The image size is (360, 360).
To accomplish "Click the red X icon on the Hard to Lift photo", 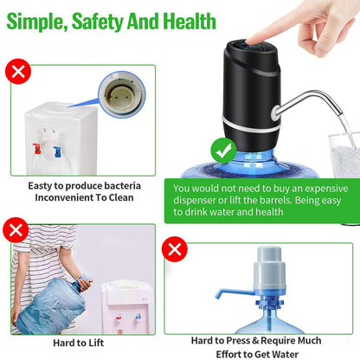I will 15,229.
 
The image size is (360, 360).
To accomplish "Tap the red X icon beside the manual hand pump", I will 177,250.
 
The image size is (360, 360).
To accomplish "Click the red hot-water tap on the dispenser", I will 37,149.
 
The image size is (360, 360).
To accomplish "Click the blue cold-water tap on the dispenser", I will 56,151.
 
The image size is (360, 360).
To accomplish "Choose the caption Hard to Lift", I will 80,344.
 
